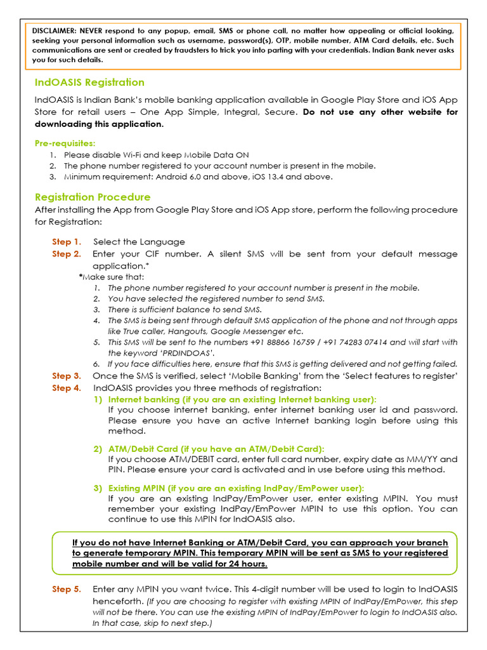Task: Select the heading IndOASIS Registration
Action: pos(89,83)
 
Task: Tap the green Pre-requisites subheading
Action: pos(65,143)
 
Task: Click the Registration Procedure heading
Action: pos(93,197)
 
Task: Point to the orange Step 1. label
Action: pos(67,242)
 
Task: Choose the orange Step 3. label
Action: pos(67,376)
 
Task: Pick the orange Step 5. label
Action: pos(67,589)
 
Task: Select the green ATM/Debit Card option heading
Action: pos(216,449)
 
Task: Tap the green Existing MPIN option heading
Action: pos(236,487)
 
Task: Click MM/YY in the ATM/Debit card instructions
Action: pos(421,459)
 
